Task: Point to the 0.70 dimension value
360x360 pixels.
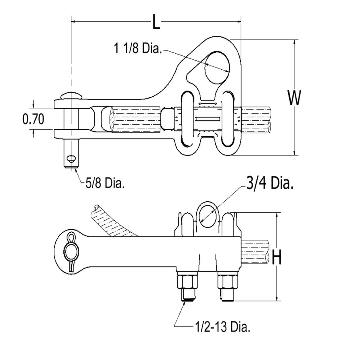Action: click(33, 119)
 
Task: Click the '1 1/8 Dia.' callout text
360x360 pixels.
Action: click(138, 49)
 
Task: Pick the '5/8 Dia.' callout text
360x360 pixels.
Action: click(105, 183)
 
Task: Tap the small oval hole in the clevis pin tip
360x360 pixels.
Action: click(71, 158)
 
